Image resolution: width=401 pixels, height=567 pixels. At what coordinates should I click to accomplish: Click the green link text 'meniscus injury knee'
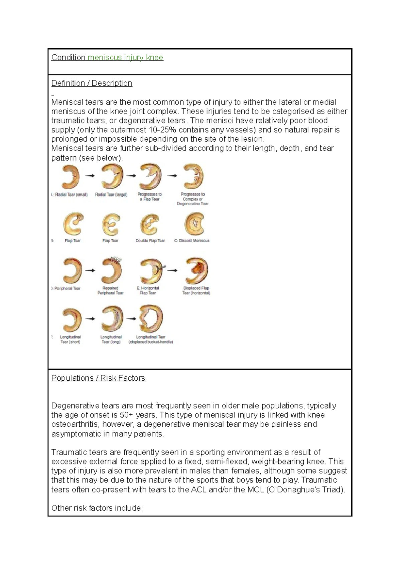coord(125,57)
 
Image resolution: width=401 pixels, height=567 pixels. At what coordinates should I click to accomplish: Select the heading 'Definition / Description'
coord(92,83)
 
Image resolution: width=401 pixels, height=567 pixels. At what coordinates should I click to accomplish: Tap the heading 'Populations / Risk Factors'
coord(98,378)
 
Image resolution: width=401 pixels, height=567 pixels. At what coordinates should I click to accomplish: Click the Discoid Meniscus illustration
coord(194,224)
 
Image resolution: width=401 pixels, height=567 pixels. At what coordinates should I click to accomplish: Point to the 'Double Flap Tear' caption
coord(150,240)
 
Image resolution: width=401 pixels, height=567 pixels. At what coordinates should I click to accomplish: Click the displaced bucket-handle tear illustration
coord(151,319)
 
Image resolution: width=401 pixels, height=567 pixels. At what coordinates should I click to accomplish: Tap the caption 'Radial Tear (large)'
coord(111,194)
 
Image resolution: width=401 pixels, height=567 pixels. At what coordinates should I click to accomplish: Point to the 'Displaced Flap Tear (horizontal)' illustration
coord(196,270)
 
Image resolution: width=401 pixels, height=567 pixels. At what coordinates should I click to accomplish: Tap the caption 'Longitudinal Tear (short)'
coord(70,339)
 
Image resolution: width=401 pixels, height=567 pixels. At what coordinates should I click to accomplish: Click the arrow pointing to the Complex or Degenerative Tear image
coord(172,176)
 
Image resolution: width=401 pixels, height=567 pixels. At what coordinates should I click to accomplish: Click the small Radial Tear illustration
coord(70,177)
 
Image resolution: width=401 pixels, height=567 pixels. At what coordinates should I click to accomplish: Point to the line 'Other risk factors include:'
coord(97,508)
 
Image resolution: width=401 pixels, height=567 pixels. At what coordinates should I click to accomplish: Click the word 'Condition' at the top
coord(68,57)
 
